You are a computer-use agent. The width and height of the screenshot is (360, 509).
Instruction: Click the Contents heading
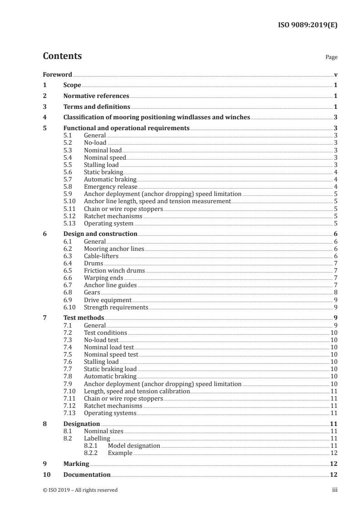point(62,57)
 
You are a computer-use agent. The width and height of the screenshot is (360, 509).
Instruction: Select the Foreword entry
point(57,74)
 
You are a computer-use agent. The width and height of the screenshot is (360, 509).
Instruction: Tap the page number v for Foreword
point(335,74)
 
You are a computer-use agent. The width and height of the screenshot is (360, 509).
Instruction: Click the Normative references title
point(96,96)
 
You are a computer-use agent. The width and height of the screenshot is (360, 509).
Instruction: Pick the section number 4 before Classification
point(44,117)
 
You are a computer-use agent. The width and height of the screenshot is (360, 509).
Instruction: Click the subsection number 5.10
point(69,201)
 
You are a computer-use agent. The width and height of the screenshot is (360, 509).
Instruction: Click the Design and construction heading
point(100,234)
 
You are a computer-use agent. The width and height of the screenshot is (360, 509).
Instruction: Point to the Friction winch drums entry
point(114,271)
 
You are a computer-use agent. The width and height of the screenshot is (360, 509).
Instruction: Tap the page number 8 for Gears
point(335,293)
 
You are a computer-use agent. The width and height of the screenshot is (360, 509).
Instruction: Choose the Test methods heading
point(84,318)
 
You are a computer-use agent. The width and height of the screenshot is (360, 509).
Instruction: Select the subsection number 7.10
point(69,391)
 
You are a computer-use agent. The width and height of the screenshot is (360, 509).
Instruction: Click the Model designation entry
point(134,446)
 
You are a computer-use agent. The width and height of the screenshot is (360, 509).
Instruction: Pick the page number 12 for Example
point(333,453)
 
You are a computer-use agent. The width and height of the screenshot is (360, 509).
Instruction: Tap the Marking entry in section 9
point(76,464)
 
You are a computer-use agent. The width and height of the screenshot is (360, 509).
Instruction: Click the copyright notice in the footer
point(80,490)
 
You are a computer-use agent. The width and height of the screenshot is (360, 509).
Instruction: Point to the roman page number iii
point(335,490)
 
